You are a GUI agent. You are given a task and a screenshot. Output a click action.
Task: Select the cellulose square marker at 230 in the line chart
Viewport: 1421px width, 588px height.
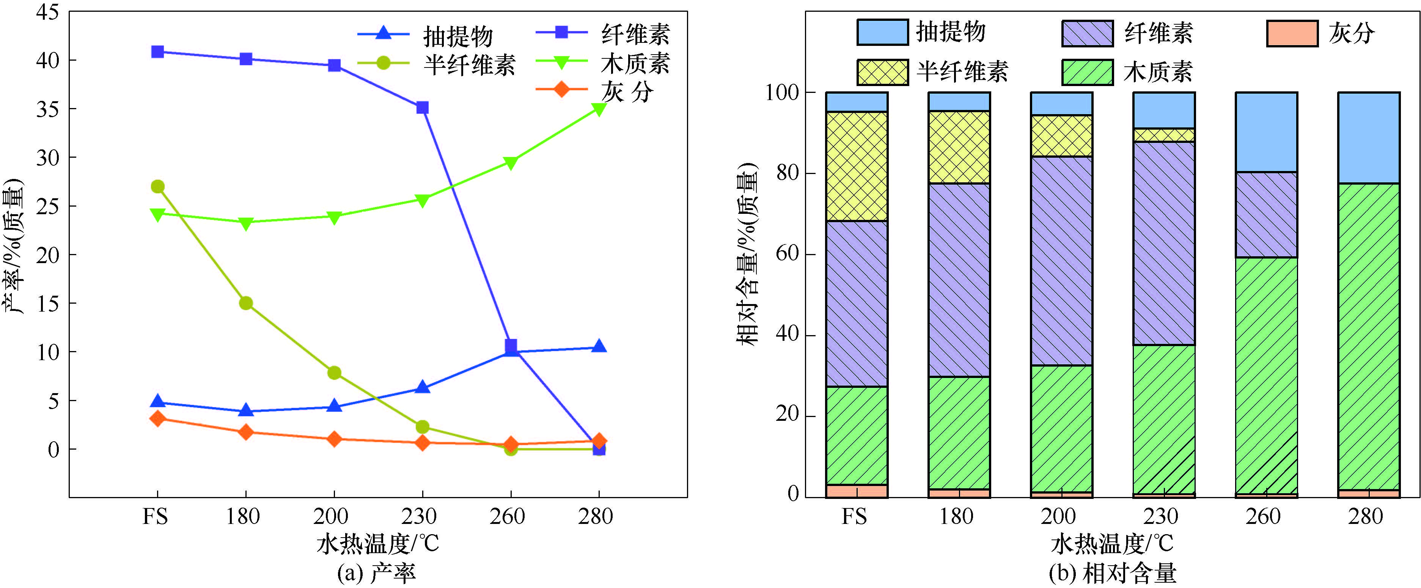coord(423,107)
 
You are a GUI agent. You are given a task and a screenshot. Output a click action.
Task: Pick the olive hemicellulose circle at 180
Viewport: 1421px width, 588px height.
coord(246,303)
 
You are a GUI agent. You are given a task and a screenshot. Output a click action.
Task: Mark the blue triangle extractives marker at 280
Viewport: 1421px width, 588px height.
coord(599,347)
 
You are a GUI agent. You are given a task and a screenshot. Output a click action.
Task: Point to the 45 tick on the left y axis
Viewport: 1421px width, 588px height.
coord(47,12)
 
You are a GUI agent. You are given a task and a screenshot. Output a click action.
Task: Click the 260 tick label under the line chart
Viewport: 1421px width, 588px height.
coord(508,516)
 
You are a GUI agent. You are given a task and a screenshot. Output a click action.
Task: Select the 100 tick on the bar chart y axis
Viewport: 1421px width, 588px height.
coord(782,93)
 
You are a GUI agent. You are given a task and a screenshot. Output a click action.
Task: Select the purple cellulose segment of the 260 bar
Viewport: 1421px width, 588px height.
coord(1266,215)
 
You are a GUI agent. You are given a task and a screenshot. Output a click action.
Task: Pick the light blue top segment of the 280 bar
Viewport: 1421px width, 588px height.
coord(1369,138)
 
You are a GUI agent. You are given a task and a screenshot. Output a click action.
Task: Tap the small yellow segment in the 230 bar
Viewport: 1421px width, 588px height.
coord(1164,135)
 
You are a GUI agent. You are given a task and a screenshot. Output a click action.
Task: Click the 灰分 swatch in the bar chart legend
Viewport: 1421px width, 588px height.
coord(1292,34)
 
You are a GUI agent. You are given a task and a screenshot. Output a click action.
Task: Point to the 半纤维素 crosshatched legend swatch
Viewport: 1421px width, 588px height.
coord(882,72)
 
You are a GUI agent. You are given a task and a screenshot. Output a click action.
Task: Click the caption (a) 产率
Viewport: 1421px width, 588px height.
coord(377,574)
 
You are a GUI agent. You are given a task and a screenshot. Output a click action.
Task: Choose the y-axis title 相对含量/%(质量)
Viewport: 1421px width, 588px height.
coord(747,254)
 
